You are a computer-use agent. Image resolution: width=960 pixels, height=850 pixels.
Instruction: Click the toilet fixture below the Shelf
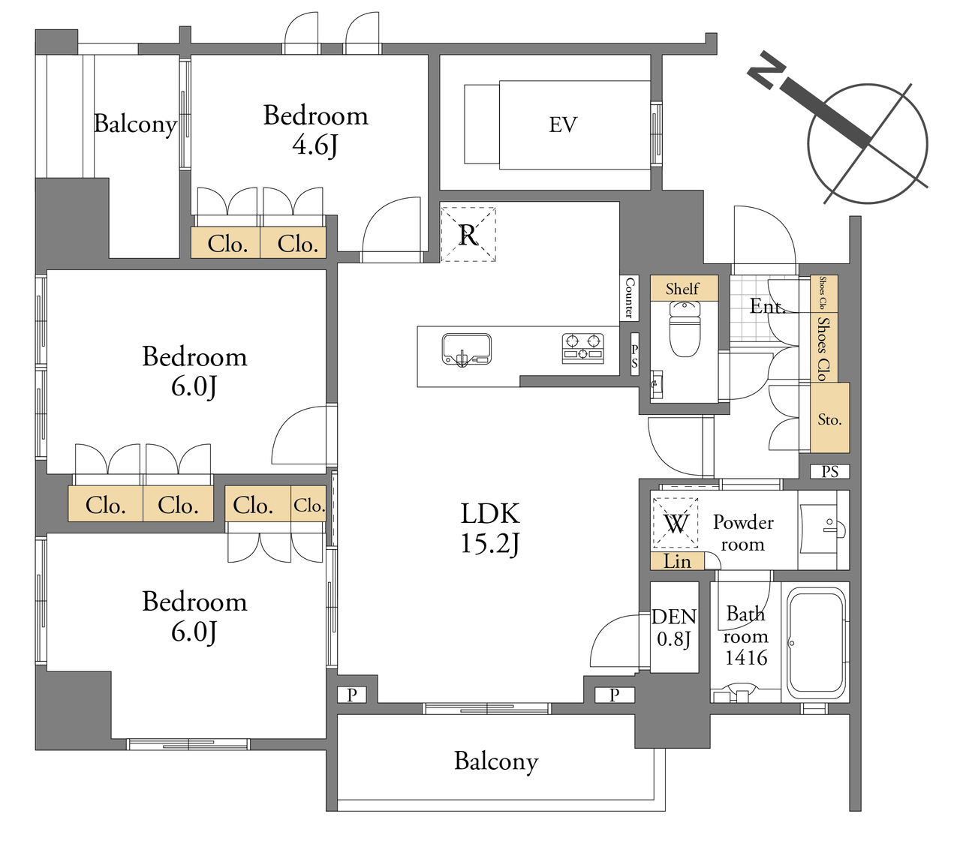[685, 329]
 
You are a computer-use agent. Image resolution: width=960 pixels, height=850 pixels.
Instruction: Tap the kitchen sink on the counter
[466, 350]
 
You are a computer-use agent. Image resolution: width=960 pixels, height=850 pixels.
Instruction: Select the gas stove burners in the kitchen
[582, 348]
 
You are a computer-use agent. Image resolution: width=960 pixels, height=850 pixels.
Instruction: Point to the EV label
[563, 125]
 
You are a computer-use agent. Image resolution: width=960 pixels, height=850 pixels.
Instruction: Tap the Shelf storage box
[684, 288]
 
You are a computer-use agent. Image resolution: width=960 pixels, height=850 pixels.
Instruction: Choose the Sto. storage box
[829, 417]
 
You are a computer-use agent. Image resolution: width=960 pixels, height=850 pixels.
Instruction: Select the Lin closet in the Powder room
[677, 561]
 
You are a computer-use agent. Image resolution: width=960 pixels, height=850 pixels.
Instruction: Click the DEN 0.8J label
[674, 628]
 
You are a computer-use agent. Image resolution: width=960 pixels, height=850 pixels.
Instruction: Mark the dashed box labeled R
[468, 234]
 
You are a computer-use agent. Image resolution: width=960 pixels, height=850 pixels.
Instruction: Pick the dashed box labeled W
[676, 523]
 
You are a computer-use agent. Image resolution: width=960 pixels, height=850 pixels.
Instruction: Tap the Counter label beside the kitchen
[629, 297]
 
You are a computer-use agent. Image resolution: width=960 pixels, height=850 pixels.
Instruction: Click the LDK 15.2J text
[490, 528]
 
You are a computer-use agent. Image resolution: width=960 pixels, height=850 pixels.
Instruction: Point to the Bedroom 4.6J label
[315, 130]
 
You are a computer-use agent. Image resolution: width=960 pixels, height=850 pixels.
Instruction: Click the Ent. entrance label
[767, 306]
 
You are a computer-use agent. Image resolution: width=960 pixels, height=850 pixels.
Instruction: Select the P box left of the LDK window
[351, 695]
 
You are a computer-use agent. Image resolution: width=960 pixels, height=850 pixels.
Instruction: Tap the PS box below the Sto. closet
[829, 472]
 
